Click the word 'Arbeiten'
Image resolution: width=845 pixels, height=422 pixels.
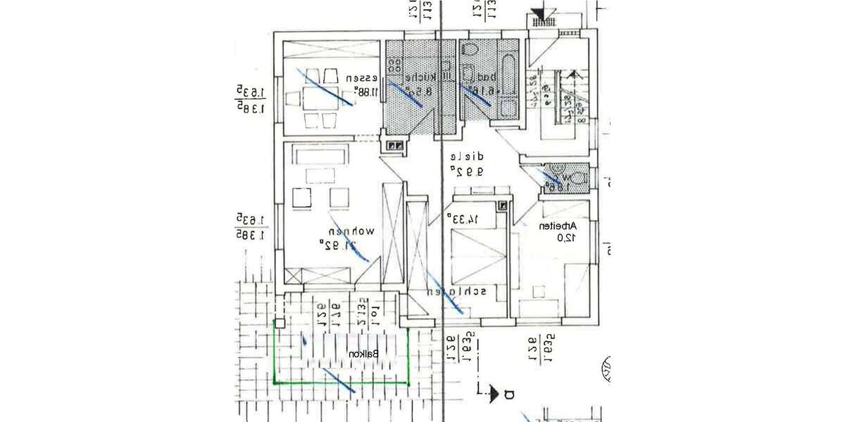558,226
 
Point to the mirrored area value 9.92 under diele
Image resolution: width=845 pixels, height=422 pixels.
465,170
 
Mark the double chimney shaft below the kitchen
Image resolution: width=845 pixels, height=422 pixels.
395,146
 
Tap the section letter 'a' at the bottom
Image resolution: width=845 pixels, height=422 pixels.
510,394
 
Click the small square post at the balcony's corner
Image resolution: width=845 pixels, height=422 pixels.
280,324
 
